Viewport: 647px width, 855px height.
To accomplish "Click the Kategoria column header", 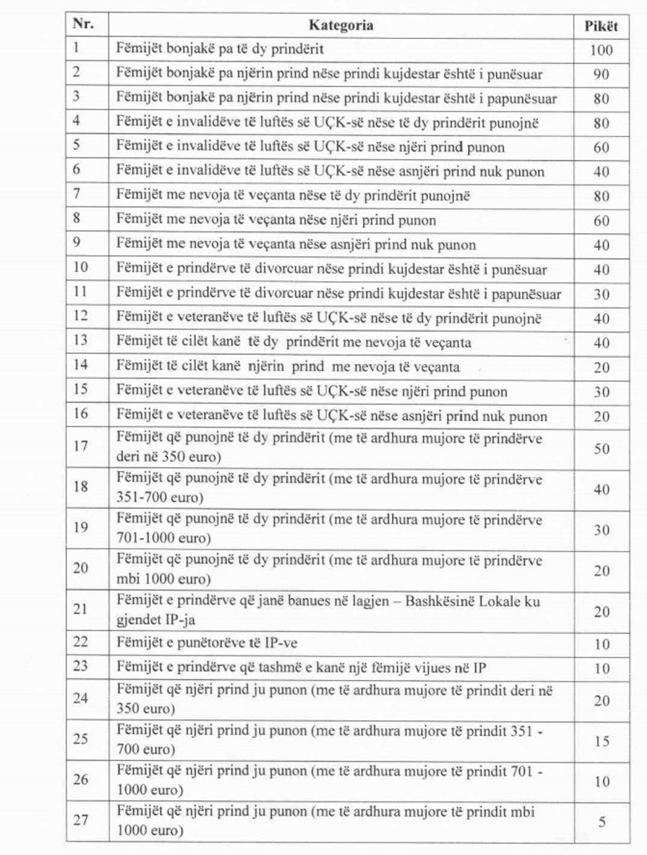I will pyautogui.click(x=341, y=26).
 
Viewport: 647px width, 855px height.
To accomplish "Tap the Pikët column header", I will pyautogui.click(x=601, y=26).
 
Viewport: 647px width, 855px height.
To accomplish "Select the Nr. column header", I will pyautogui.click(x=83, y=24).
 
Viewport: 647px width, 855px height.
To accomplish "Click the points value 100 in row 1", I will pyautogui.click(x=601, y=50).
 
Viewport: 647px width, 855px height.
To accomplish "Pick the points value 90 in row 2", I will pyautogui.click(x=601, y=75).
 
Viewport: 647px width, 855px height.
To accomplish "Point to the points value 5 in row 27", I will pyautogui.click(x=601, y=823).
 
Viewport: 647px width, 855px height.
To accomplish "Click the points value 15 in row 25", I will pyautogui.click(x=601, y=741).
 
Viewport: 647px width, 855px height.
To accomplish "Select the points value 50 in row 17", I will pyautogui.click(x=601, y=449).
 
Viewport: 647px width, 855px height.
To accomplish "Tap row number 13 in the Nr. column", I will pyautogui.click(x=81, y=341).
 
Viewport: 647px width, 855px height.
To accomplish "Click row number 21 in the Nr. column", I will pyautogui.click(x=81, y=609).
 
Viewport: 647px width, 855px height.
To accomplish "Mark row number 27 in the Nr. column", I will pyautogui.click(x=81, y=820).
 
